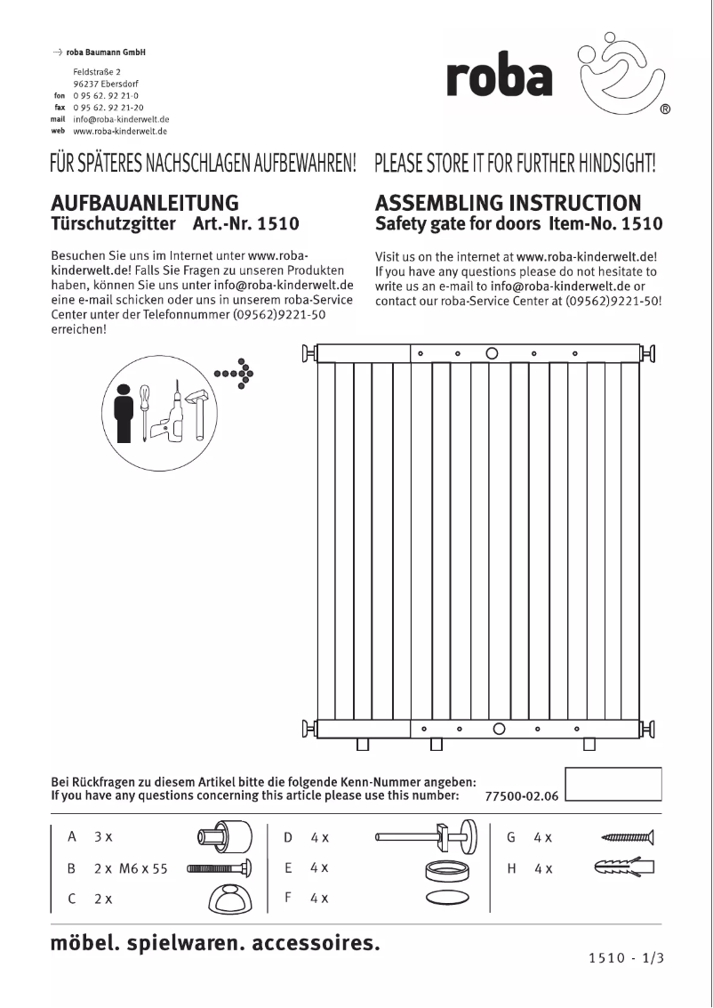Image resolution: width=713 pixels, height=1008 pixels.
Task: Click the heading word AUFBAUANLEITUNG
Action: (x=145, y=203)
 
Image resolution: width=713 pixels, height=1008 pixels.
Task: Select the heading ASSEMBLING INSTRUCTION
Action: (x=508, y=203)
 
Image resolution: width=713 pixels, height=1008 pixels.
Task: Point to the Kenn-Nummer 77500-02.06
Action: (x=522, y=796)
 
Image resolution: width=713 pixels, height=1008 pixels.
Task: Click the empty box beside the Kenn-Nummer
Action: (x=613, y=785)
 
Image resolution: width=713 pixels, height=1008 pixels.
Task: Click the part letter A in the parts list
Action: (x=72, y=837)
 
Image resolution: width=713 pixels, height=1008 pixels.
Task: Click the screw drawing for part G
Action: (x=628, y=836)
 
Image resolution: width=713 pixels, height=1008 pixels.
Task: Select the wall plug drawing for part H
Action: (x=623, y=867)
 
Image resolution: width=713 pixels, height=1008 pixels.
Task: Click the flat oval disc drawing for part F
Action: (x=447, y=898)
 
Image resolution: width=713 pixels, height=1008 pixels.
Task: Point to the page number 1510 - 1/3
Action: (x=627, y=958)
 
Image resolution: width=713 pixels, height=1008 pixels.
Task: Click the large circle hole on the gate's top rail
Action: (x=492, y=353)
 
